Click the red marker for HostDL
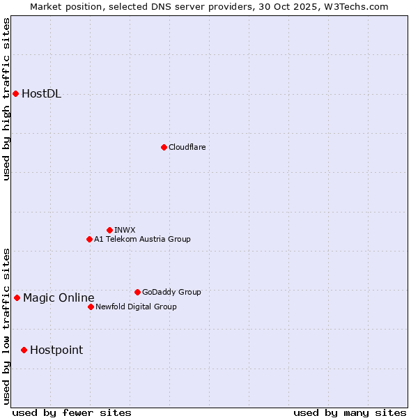pyautogui.click(x=15, y=93)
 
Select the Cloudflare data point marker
pyautogui.click(x=164, y=147)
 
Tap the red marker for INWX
pyautogui.click(x=109, y=230)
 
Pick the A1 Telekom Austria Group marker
pyautogui.click(x=89, y=239)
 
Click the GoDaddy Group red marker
pyautogui.click(x=137, y=292)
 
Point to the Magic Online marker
pyautogui.click(x=17, y=297)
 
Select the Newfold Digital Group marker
pyautogui.click(x=91, y=307)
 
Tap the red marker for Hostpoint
pyautogui.click(x=24, y=350)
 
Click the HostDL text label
pyautogui.click(x=41, y=94)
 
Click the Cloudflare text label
pyautogui.click(x=187, y=147)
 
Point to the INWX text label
pyautogui.click(x=125, y=230)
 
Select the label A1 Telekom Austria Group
pyautogui.click(x=142, y=239)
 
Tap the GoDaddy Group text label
pyautogui.click(x=171, y=292)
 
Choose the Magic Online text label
pyautogui.click(x=59, y=298)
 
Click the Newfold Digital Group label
pyautogui.click(x=136, y=307)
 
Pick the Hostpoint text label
pyautogui.click(x=56, y=350)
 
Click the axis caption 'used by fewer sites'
pyautogui.click(x=72, y=412)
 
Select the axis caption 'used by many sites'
pyautogui.click(x=350, y=412)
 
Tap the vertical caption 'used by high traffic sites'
pyautogui.click(x=6, y=100)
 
